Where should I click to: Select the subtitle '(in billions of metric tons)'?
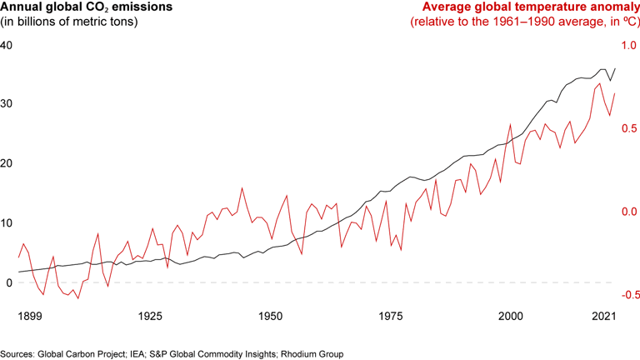pyautogui.click(x=68, y=22)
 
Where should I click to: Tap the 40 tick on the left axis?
pyautogui.click(x=7, y=45)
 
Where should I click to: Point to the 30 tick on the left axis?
pyautogui.click(x=7, y=104)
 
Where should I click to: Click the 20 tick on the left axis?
pyautogui.click(x=7, y=163)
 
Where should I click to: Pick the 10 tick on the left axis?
pyautogui.click(x=7, y=222)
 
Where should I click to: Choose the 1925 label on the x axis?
pyautogui.click(x=150, y=317)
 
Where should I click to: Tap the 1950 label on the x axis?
pyautogui.click(x=270, y=317)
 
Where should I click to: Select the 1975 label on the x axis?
pyautogui.click(x=391, y=317)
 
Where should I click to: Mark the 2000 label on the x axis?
pyautogui.click(x=511, y=317)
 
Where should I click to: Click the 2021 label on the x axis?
pyautogui.click(x=603, y=317)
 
